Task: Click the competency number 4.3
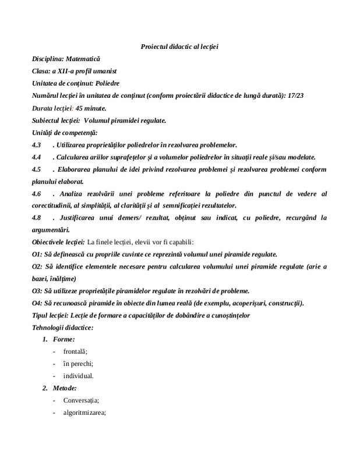click(x=37, y=144)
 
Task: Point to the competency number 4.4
click(x=37, y=157)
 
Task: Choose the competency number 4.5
click(x=37, y=170)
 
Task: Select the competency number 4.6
click(x=37, y=193)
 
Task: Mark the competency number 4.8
click(x=37, y=217)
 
